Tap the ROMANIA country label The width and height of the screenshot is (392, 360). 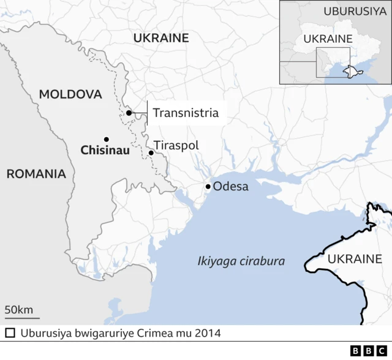(x=36, y=174)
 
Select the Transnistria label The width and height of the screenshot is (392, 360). (x=185, y=113)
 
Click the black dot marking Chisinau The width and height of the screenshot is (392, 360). (x=106, y=139)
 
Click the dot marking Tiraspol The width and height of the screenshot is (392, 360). (x=151, y=152)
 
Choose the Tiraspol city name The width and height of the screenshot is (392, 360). (x=176, y=146)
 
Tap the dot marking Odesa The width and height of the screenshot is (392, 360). (x=208, y=186)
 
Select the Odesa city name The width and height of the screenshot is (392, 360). (x=231, y=186)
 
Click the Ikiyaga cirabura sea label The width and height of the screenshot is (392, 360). (x=241, y=261)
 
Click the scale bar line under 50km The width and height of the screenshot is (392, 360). (x=22, y=318)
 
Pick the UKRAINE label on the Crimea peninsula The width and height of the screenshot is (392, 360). (x=355, y=259)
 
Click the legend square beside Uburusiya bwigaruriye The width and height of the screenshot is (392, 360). (x=10, y=334)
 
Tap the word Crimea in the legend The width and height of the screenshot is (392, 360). (x=163, y=334)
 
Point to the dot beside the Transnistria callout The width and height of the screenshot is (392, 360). (x=129, y=113)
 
